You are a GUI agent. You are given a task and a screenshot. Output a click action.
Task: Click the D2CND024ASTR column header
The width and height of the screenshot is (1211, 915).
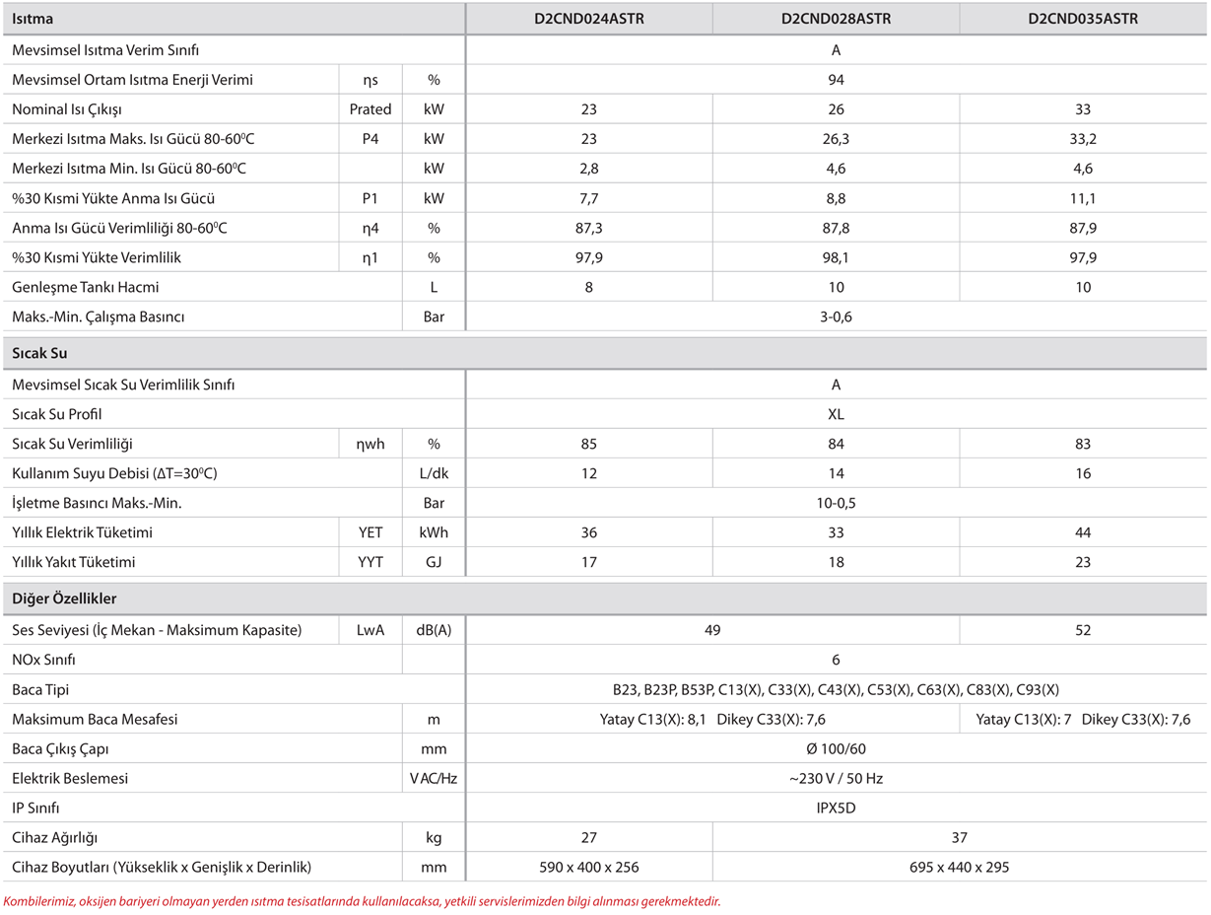click(x=589, y=19)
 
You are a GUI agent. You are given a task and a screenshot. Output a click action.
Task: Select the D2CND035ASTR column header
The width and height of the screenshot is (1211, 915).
click(x=1083, y=19)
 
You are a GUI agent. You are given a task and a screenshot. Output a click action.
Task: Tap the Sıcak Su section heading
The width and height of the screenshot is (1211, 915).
click(x=39, y=353)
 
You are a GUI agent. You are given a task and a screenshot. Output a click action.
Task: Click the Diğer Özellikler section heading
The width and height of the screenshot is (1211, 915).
click(x=64, y=598)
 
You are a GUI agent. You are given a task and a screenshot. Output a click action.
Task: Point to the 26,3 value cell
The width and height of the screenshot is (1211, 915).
click(x=836, y=139)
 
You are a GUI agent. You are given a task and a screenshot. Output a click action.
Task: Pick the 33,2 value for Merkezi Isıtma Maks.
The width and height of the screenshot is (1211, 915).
click(x=1083, y=139)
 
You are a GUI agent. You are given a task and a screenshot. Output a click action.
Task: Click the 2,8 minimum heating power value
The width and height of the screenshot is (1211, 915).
click(x=589, y=169)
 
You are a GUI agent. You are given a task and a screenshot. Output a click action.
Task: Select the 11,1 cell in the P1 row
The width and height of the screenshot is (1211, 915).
click(x=1083, y=198)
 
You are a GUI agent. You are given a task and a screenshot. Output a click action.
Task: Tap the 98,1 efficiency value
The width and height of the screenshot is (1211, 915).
click(x=836, y=257)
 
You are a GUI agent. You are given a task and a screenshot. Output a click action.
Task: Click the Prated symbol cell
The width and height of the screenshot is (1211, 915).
click(x=370, y=109)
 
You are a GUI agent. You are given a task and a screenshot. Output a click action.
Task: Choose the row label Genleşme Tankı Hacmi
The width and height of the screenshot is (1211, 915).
click(x=86, y=287)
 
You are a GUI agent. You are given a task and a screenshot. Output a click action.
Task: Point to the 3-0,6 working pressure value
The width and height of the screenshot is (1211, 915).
click(x=836, y=317)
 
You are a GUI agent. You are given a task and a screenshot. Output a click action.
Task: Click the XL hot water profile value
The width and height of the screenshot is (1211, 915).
click(x=836, y=414)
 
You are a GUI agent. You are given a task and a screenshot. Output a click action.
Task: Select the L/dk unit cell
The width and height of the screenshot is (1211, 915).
click(x=434, y=473)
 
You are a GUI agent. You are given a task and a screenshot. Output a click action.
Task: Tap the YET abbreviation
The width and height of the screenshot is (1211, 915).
click(x=370, y=532)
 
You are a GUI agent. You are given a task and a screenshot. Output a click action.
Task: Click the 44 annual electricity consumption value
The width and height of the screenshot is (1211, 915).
click(x=1083, y=532)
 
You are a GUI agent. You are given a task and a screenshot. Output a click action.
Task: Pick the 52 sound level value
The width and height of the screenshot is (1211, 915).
click(x=1083, y=630)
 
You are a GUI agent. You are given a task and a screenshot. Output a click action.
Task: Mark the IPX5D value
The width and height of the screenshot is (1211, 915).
click(x=836, y=808)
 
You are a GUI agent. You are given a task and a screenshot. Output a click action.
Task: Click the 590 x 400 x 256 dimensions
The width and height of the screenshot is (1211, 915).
click(x=589, y=867)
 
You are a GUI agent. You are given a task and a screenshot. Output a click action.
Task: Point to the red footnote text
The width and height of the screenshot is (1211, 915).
click(x=363, y=900)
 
